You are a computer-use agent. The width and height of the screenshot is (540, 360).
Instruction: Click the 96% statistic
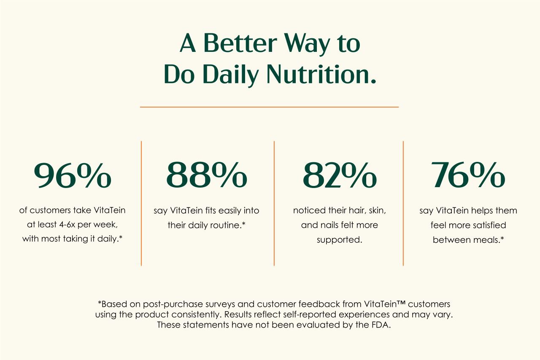point(73,175)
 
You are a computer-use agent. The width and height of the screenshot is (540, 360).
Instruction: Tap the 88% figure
point(207,175)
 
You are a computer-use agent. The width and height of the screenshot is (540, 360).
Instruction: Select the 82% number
point(340,175)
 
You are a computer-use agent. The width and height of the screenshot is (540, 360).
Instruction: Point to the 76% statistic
point(468,175)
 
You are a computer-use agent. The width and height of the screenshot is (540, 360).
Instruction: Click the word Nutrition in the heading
point(321,74)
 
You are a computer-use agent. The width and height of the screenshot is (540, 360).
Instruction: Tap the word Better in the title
point(240,43)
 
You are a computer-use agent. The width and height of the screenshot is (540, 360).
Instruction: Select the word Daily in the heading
point(231,75)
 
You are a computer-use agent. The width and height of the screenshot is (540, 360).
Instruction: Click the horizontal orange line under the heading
point(269,107)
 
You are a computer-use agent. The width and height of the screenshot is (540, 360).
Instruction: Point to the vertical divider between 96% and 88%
point(141,203)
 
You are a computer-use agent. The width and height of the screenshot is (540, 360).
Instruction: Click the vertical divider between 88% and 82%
point(274,203)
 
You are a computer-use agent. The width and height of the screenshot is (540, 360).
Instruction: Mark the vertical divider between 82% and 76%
point(403,203)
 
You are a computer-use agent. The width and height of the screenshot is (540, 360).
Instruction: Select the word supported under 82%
point(340,240)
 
